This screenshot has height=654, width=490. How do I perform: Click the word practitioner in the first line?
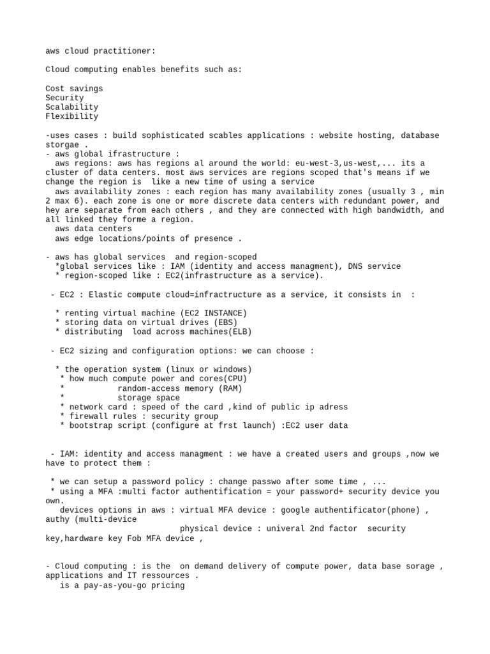[x=126, y=50]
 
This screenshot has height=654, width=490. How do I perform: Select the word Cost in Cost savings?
[x=55, y=88]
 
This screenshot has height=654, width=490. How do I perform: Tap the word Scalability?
[x=71, y=107]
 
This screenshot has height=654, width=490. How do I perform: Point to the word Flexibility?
[x=71, y=117]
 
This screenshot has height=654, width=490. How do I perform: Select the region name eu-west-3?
[x=309, y=163]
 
